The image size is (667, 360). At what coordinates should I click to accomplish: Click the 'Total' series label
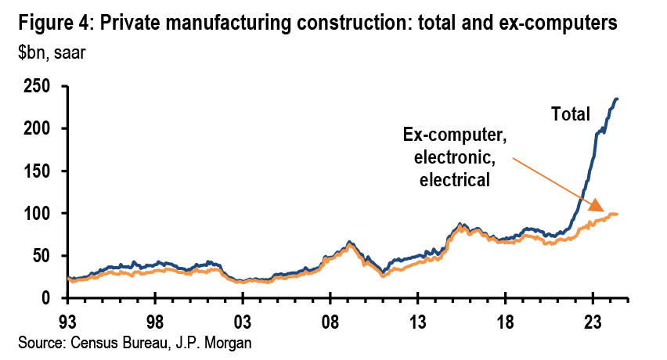pyautogui.click(x=571, y=114)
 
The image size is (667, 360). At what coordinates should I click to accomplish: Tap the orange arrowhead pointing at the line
pyautogui.click(x=597, y=207)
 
